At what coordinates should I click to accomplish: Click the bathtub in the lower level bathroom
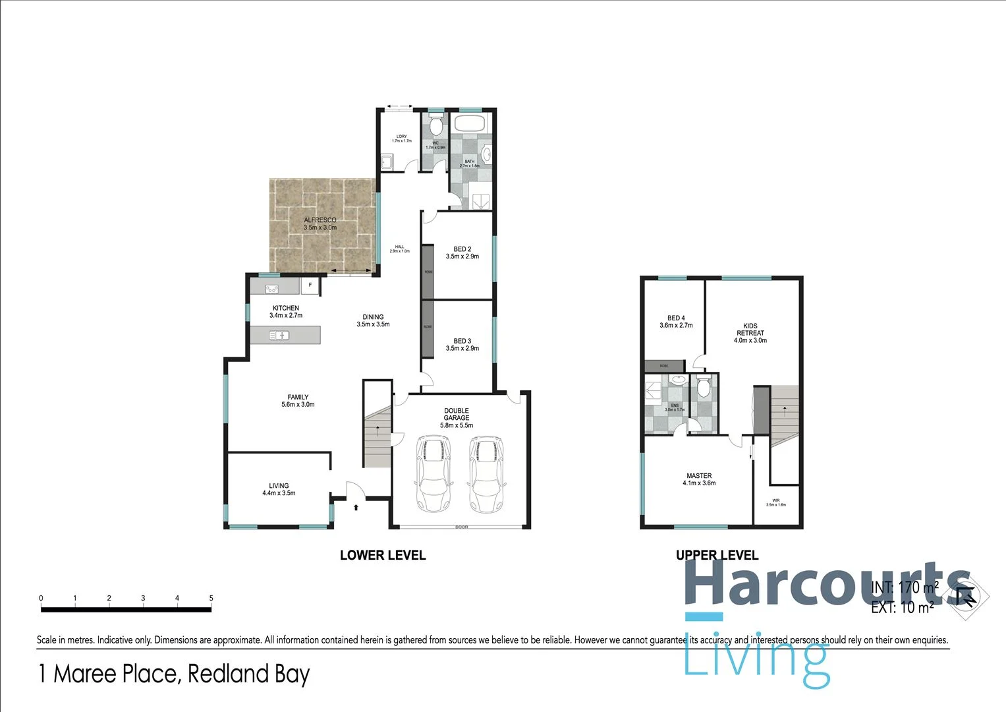[x=469, y=123]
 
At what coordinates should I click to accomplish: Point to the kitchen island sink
[x=279, y=336]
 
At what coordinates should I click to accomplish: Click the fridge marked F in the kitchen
[x=310, y=286]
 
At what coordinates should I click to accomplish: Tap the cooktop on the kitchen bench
[x=271, y=288]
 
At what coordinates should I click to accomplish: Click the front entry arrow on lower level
[x=356, y=507]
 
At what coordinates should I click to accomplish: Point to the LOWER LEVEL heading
[x=383, y=555]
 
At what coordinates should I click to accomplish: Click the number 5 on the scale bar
[x=211, y=598]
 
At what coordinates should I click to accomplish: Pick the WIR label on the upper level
[x=776, y=500]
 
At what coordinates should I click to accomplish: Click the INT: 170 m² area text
[x=904, y=587]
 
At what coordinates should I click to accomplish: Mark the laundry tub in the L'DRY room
[x=387, y=162]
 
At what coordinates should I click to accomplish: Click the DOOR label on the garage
[x=461, y=527]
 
